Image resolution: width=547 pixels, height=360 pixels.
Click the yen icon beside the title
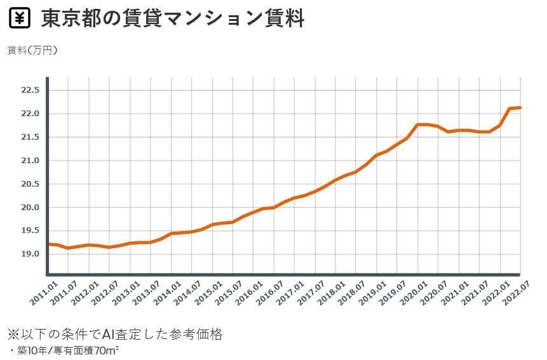20,19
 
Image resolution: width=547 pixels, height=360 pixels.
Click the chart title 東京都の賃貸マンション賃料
173,19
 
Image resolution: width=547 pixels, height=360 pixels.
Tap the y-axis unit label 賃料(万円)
32,50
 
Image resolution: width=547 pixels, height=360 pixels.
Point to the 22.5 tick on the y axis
30,90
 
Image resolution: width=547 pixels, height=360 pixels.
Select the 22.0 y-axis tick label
30,114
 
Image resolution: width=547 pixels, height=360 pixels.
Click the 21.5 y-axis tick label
30,137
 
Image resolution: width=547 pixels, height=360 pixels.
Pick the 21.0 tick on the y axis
30,161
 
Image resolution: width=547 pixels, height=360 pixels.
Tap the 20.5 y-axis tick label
30,184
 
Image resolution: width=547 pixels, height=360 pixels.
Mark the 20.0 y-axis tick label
30,208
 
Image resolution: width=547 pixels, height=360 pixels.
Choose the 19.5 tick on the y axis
30,230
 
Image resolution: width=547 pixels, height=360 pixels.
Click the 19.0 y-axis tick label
30,254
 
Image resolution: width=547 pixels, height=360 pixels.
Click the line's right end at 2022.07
520,108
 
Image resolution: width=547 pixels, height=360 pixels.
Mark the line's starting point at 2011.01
48,244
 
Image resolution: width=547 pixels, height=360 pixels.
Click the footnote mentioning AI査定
115,334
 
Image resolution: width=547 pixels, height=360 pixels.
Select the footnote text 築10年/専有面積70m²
60,350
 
